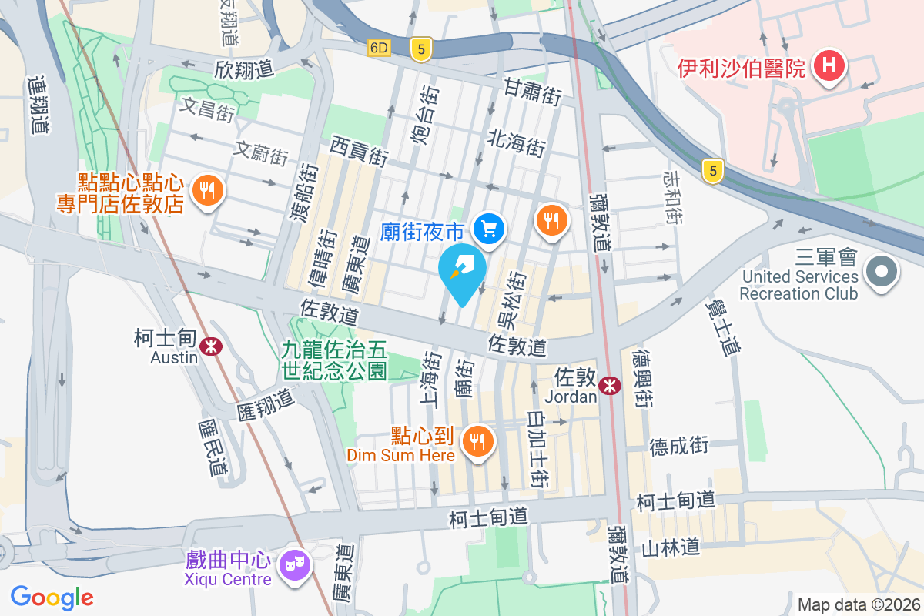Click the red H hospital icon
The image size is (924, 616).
[829, 66]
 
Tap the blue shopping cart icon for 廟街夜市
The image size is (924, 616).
[489, 229]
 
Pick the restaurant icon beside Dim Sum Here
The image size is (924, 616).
[477, 441]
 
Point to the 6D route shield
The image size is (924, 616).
[379, 48]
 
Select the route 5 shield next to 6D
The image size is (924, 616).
[420, 49]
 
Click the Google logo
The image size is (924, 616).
[52, 597]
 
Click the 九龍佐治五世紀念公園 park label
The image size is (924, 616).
[333, 360]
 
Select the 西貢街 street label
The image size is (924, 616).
[359, 151]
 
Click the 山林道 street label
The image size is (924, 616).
[671, 547]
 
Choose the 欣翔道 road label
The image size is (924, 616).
[245, 69]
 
